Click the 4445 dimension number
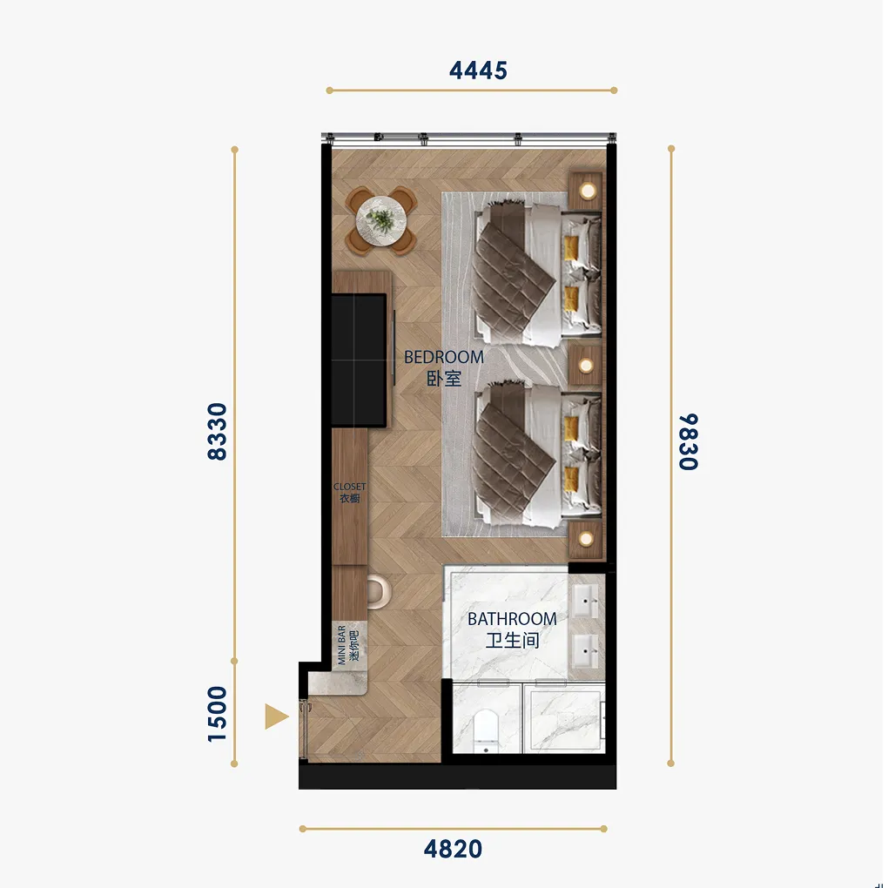478,71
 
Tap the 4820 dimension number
453,850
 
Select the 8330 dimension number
218,432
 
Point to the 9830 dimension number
689,441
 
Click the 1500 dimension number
218,714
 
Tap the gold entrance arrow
276,716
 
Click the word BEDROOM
444,357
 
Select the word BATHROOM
512,619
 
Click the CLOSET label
349,487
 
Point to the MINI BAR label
341,645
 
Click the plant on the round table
380,219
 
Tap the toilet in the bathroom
485,731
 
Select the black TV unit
359,360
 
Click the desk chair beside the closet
379,592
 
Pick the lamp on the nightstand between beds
586,366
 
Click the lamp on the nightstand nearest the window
588,191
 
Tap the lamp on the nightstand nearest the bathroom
586,539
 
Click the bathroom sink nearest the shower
586,650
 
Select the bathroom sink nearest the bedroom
586,600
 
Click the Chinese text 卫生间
512,641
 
